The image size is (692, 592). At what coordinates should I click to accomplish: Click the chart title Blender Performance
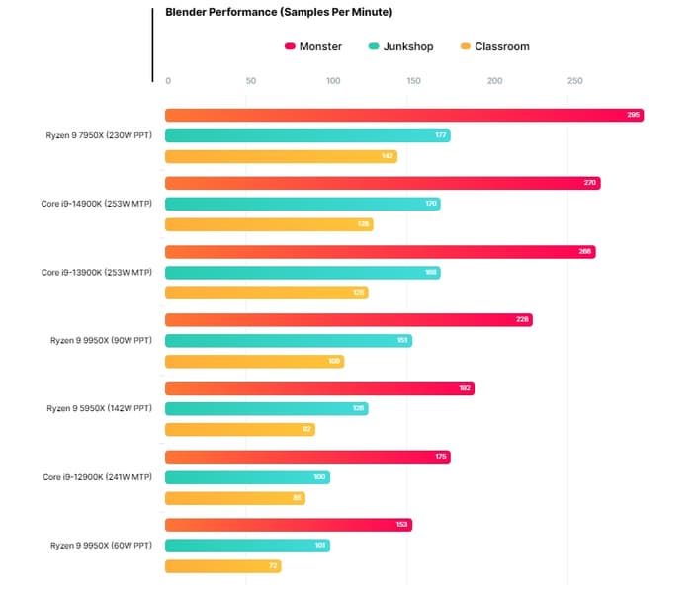pos(279,13)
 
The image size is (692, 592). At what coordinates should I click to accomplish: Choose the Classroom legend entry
pos(501,46)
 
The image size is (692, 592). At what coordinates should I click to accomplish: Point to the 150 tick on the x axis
pos(414,81)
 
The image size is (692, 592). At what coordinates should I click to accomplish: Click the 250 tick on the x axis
pos(575,81)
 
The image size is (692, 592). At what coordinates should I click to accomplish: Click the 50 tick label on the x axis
pos(250,81)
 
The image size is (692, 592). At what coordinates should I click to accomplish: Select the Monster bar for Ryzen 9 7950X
pos(403,116)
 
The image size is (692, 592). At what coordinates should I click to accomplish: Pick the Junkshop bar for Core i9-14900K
pos(302,204)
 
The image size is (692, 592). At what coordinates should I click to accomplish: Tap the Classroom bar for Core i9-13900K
pos(266,293)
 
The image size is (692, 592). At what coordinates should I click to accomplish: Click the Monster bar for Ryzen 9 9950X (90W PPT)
pos(348,320)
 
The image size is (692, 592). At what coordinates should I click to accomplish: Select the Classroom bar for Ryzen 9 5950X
pos(239,429)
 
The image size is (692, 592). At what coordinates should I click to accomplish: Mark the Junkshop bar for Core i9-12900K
pos(247,477)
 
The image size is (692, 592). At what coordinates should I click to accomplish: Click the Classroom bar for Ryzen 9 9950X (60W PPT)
pos(222,566)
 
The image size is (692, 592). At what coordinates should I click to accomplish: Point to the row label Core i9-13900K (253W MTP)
pos(97,272)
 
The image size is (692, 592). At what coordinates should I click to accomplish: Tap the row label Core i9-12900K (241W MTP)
pos(97,477)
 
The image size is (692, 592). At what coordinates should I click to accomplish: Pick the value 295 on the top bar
pos(634,116)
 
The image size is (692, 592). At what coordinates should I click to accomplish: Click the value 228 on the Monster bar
pos(523,320)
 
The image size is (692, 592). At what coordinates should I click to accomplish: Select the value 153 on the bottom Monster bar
pos(402,525)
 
